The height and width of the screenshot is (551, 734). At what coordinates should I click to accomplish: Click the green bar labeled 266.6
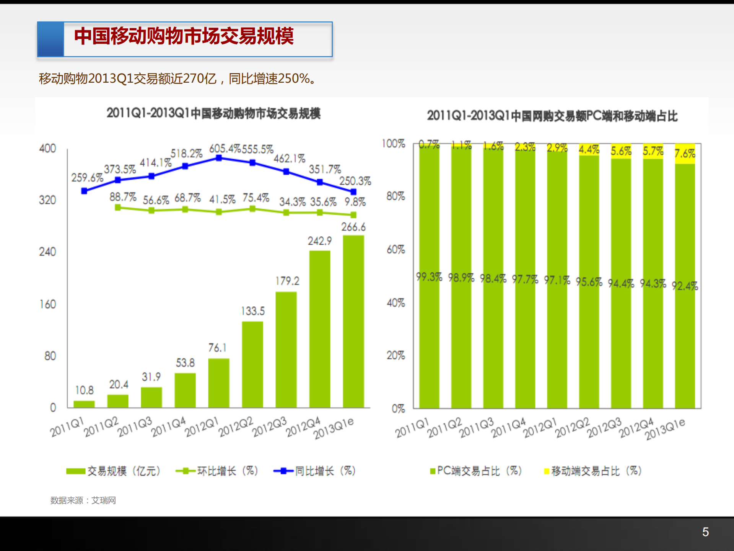coord(353,322)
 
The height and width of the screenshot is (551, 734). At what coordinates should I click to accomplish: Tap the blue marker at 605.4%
coord(219,158)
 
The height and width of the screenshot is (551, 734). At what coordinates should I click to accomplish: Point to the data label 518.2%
coord(186,154)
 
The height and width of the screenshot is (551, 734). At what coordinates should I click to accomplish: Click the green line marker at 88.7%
coord(118,207)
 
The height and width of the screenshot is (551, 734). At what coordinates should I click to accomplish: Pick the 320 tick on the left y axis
coord(47,200)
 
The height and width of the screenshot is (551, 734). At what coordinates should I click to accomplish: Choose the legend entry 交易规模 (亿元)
coord(114,471)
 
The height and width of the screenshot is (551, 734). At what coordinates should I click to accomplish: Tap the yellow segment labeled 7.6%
coord(685,154)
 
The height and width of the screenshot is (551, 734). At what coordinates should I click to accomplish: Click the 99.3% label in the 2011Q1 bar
coord(429,277)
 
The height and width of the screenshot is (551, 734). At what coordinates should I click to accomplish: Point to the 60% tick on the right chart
coord(395,250)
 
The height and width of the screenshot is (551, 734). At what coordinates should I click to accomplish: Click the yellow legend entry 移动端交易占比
coord(593,471)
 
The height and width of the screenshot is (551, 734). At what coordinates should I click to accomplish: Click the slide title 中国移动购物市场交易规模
coord(184,36)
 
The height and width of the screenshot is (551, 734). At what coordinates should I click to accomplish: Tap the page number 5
coord(705,532)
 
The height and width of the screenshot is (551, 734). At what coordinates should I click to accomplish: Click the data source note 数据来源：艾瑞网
coord(83,500)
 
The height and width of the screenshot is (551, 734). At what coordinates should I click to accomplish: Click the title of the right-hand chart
coord(552,116)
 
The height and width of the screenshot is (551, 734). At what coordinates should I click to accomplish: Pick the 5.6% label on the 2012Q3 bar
coord(621,151)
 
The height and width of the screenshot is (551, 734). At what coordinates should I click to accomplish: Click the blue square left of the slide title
coord(50,39)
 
